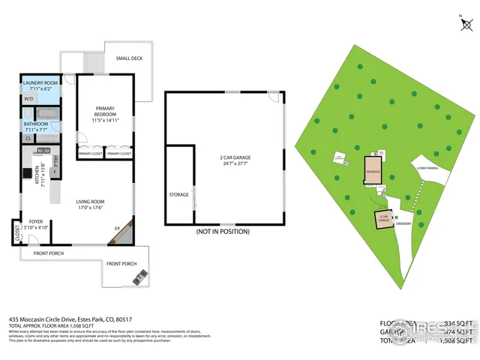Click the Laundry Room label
41,83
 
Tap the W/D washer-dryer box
29,98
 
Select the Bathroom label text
37,124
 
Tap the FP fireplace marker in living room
118,228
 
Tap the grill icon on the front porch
140,280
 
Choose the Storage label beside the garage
179,195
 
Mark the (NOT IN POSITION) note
222,232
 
